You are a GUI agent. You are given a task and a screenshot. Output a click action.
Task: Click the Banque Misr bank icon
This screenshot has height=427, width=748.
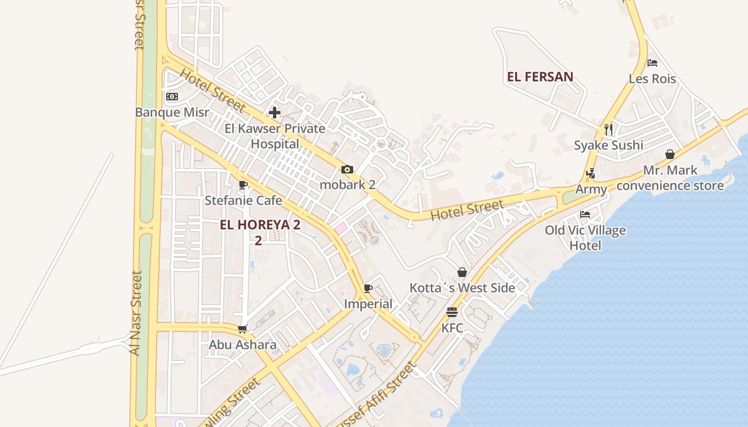coord(172,97)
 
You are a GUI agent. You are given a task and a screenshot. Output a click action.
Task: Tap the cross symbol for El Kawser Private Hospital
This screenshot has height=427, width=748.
coord(275,113)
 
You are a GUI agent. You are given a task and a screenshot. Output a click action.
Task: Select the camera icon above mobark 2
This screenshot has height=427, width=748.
coord(347,170)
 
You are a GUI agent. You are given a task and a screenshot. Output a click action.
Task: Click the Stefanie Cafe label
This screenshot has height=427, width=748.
coord(243,201)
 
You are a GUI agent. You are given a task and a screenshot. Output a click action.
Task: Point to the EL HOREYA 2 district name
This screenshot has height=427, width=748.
coord(260,225)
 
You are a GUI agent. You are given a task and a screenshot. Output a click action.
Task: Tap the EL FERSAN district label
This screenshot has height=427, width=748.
coord(540,77)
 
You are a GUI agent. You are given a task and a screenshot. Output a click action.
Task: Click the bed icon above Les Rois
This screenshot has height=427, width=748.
coord(652,63)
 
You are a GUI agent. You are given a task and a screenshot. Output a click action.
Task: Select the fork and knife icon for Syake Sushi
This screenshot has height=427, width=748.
coord(608,129)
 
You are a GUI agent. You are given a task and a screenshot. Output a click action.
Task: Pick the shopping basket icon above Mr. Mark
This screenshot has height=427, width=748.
coord(670,155)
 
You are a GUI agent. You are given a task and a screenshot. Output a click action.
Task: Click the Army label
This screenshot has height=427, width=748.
coord(591,189)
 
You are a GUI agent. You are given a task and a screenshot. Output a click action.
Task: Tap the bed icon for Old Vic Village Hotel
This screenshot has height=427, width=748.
coord(585,215)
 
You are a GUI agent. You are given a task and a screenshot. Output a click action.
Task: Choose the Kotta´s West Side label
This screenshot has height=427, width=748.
coord(462,288)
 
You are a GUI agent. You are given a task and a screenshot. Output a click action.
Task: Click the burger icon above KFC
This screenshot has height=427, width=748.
coord(452,312)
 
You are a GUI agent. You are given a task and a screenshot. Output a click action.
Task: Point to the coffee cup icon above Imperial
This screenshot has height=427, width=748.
coord(368,289)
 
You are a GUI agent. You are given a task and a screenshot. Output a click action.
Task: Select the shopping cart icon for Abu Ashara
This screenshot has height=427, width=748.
coord(243,329)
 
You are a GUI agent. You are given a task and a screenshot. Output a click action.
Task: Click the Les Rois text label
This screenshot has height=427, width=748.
coord(652,79)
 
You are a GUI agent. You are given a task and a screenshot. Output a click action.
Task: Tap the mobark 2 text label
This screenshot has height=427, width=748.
coord(347,185)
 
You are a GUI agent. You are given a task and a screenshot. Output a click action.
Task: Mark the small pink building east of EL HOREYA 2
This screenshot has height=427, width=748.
coord(340,228)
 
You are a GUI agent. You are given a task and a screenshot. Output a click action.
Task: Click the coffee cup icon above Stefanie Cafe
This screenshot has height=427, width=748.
coord(243,185)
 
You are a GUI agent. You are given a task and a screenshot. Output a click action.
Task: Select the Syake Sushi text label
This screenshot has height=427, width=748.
coord(608,145)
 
